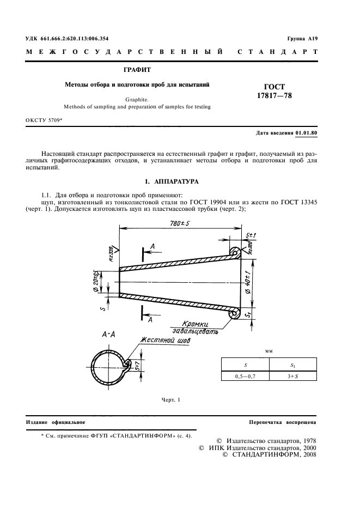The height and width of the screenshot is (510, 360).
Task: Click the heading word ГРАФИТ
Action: [138, 70]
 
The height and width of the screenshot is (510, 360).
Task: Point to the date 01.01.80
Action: [306, 133]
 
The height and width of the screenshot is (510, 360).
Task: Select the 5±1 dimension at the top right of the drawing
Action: [252, 236]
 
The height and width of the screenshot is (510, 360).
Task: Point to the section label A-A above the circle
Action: [109, 336]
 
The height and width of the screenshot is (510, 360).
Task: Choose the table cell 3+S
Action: [294, 375]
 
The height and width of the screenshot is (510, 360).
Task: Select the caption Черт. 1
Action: [170, 400]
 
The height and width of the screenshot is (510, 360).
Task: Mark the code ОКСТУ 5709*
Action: [44, 119]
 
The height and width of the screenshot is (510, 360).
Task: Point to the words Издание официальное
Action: [56, 422]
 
